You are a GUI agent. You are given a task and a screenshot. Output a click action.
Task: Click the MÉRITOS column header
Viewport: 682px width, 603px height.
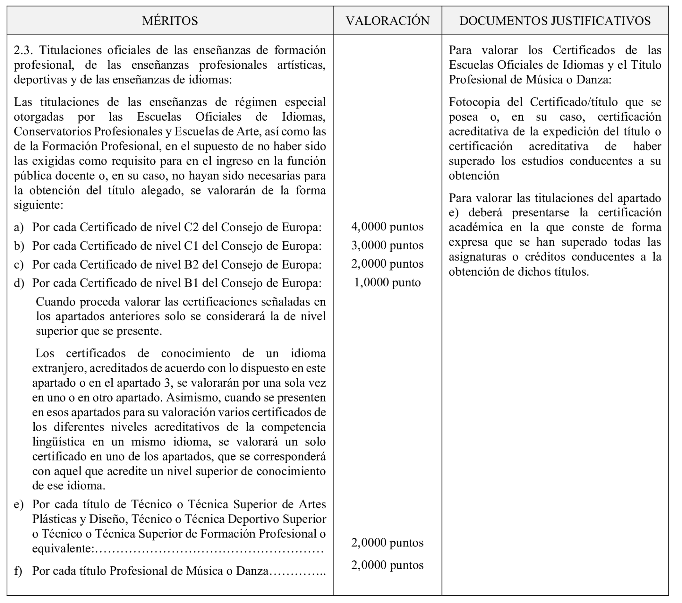click(170, 21)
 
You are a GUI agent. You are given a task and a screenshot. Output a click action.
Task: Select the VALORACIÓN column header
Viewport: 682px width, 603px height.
click(388, 21)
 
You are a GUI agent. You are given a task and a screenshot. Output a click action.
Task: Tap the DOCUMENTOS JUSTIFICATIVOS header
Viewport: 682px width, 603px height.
click(555, 21)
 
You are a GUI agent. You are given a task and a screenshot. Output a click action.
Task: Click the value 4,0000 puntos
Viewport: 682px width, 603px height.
click(387, 227)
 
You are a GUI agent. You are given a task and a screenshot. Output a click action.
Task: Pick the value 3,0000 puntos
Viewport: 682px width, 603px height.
click(387, 246)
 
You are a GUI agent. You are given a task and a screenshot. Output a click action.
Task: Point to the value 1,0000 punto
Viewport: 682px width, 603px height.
click(387, 283)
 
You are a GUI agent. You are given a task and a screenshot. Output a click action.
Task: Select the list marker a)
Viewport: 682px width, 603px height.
click(19, 227)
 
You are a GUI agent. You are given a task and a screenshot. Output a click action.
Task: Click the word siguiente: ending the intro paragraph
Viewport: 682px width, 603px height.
click(38, 204)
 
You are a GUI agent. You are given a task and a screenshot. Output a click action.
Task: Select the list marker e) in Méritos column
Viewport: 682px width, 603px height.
click(19, 504)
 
